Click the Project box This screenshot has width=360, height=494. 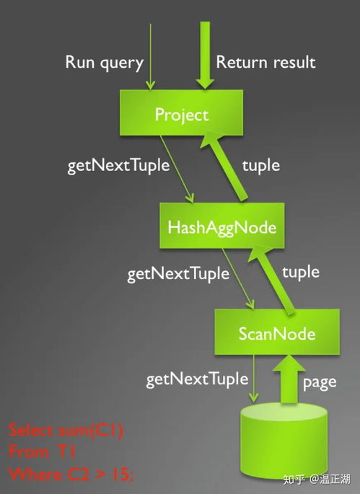coord(181,113)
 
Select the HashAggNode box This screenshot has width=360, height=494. coord(222,226)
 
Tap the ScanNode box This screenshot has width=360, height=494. coord(277,332)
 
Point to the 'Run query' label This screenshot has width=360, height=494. coord(105,63)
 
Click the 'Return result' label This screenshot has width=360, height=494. coord(265,62)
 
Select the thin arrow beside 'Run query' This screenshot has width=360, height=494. coord(151,57)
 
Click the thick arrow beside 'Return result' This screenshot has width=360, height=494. coord(205,55)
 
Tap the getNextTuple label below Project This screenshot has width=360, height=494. coord(118,166)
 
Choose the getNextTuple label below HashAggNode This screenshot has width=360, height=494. coord(178,274)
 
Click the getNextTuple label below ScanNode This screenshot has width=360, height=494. coord(197,379)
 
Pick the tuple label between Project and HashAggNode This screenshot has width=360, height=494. coord(261,166)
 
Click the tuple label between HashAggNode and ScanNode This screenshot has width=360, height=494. coord(301,272)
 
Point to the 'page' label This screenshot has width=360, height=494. coord(320,383)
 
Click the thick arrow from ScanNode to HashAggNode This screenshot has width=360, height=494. coord(272,280)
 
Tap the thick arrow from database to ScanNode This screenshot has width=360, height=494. coord(289,379)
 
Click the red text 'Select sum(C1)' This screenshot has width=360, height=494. coord(66,431)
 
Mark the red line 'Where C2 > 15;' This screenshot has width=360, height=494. coord(71,474)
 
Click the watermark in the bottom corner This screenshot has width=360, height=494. coord(317,480)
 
